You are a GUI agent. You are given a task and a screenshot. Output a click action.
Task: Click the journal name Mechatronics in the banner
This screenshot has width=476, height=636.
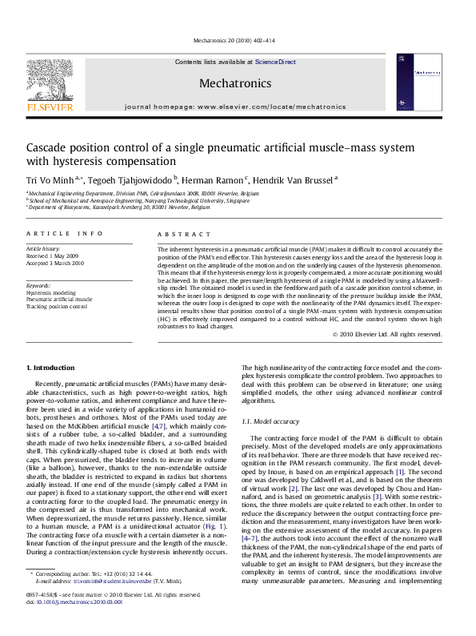pos(234,82)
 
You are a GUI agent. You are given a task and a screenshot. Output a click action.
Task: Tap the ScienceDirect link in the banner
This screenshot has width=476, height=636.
pos(275,62)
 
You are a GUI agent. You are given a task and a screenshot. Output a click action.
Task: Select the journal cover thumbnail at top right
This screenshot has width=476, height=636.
pos(419,83)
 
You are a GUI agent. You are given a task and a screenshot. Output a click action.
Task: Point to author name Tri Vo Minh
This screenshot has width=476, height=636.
pos(54,179)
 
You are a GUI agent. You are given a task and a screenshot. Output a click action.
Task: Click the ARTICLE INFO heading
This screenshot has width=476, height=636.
pos(65,233)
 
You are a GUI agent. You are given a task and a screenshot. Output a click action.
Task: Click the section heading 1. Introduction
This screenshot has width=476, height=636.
pos(50,367)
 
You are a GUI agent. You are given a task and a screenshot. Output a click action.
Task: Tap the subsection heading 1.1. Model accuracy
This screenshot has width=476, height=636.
pos(276,421)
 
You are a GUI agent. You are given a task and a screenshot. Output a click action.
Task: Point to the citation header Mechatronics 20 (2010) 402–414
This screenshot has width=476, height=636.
pos(234,39)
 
